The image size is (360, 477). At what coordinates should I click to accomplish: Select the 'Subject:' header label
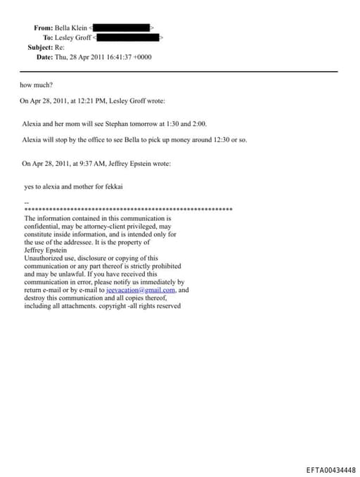47,46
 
